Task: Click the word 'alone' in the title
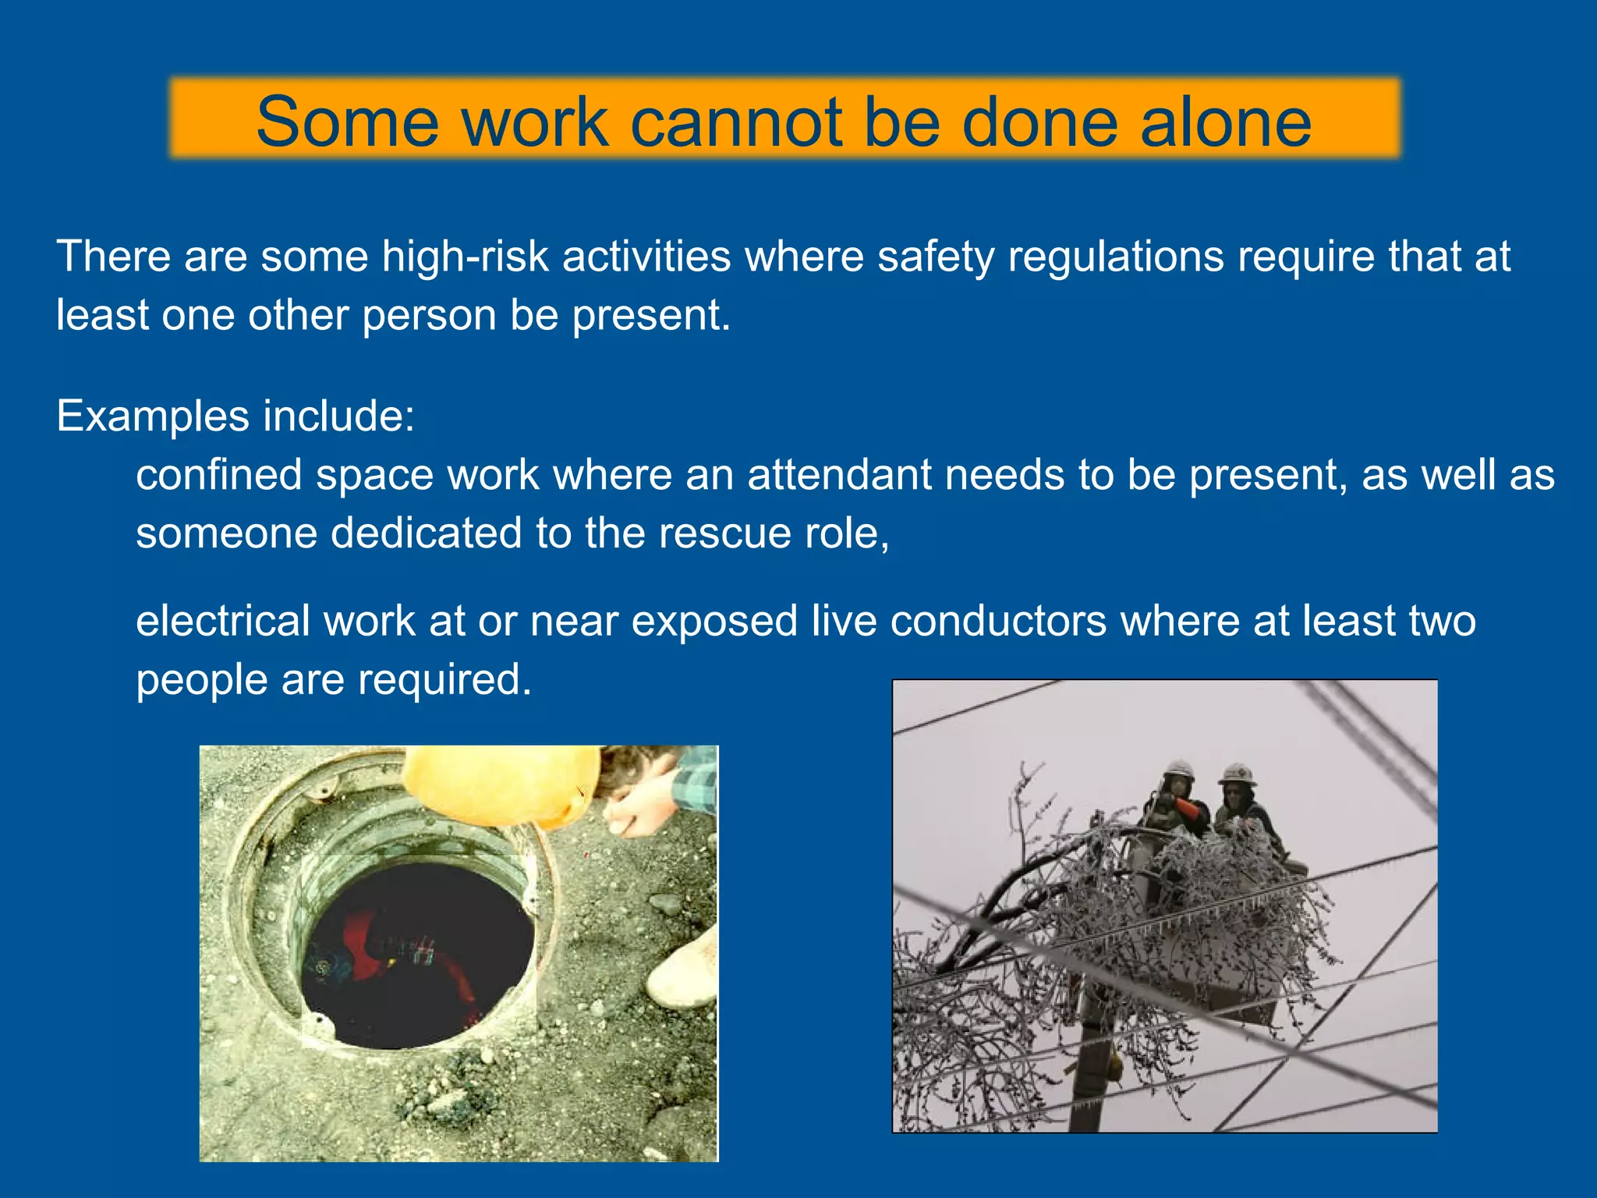click(1226, 122)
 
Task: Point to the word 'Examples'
click(152, 416)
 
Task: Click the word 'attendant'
click(839, 474)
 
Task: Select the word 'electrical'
click(223, 621)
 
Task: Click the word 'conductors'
click(998, 621)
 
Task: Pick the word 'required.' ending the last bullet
click(444, 679)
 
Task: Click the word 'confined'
click(218, 474)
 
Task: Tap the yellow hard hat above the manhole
click(499, 784)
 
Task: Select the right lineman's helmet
click(1237, 774)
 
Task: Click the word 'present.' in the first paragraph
click(650, 315)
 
